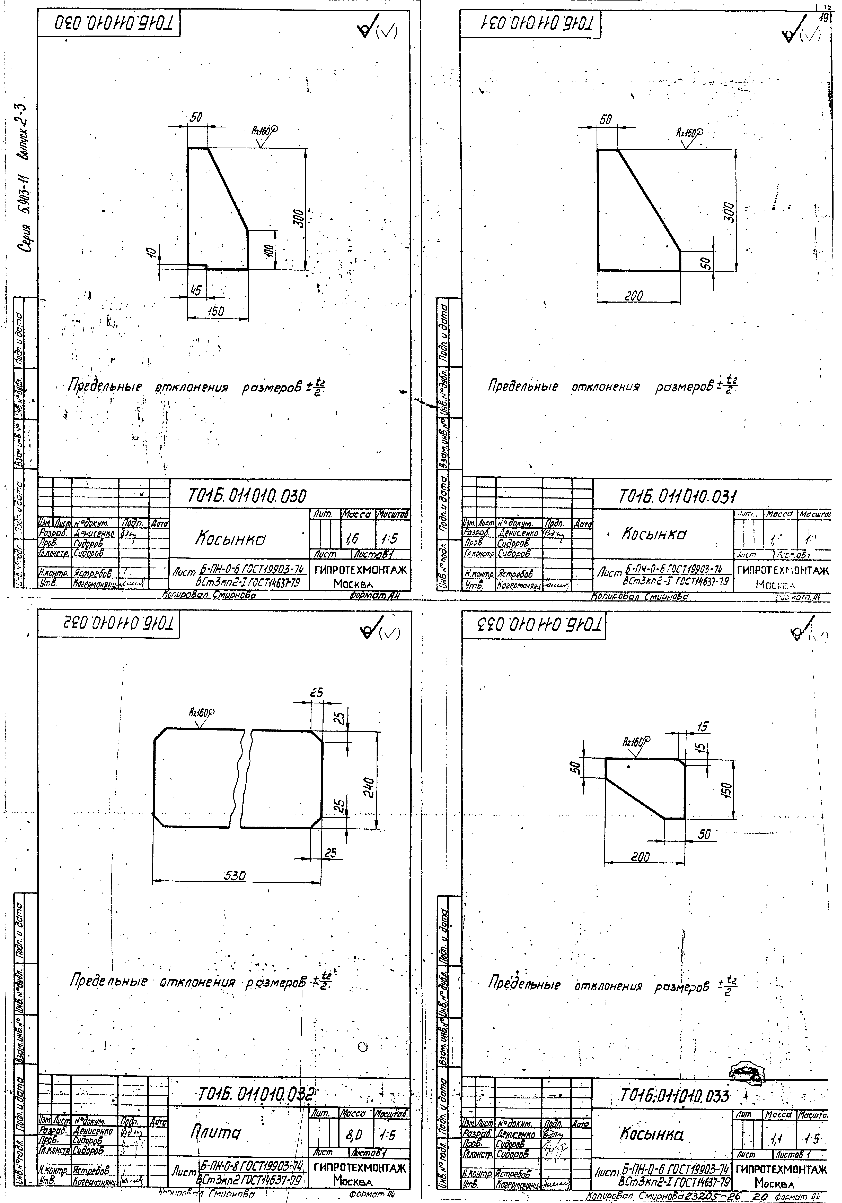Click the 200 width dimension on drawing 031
pos(634,296)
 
